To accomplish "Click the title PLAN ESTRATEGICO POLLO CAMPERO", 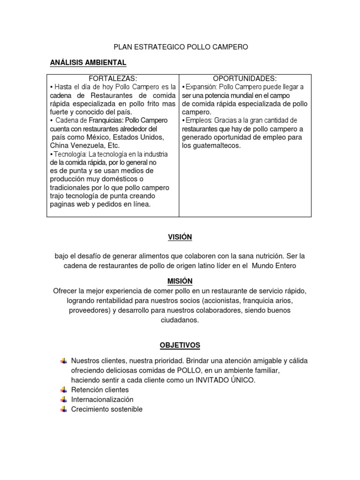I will (x=181, y=47).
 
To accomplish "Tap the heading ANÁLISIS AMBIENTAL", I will (x=88, y=62).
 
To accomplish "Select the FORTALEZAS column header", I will (x=113, y=78).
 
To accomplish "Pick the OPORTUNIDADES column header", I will (x=245, y=78).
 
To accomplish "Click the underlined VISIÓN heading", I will (x=180, y=237).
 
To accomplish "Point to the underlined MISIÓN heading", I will (x=180, y=281).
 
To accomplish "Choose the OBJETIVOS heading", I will (x=180, y=345).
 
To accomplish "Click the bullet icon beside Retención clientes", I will (x=64, y=390).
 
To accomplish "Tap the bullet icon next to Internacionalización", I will (x=64, y=399).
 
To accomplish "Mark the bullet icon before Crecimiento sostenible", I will (x=64, y=409).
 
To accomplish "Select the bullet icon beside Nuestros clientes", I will (x=64, y=361).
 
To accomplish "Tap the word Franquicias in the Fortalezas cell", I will (x=106, y=120).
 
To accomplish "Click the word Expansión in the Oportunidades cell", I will (x=201, y=87).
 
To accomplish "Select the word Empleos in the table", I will (x=198, y=120).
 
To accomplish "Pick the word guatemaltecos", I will (x=217, y=145).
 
